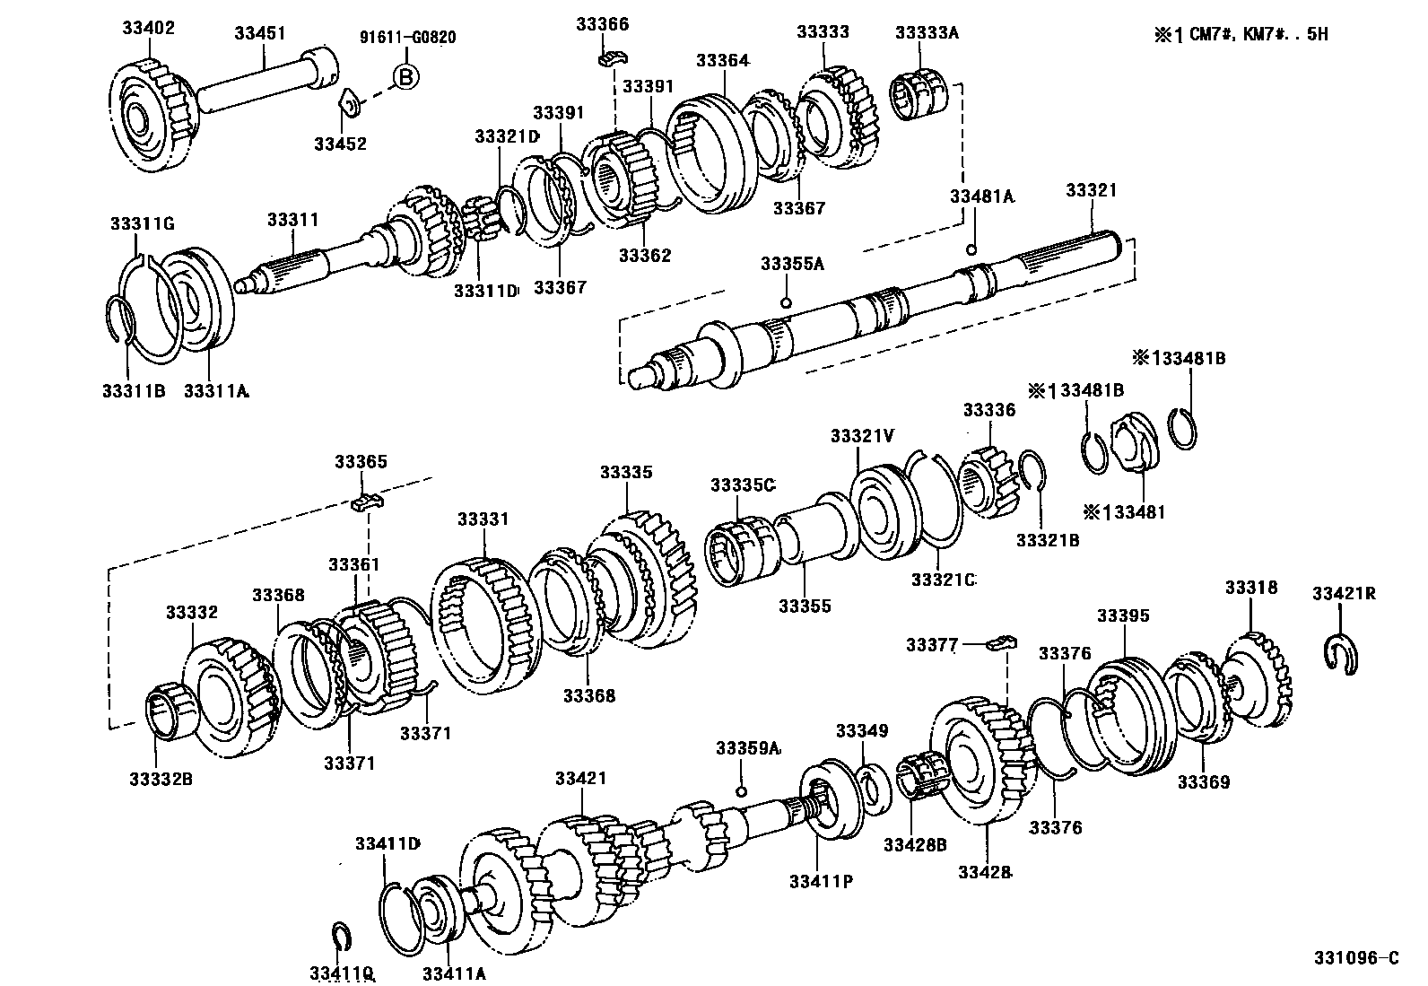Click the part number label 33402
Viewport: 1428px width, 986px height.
coord(149,28)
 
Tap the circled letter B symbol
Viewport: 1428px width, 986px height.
coord(405,77)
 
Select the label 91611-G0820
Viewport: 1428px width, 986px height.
coord(408,38)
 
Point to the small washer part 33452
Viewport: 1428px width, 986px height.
coord(350,104)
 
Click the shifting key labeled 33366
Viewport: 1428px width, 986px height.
coord(613,59)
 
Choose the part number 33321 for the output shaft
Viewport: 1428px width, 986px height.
coord(1092,190)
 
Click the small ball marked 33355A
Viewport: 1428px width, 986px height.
coord(786,302)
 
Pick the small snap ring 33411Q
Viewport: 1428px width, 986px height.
coord(341,937)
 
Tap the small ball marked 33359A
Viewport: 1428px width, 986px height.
coord(741,790)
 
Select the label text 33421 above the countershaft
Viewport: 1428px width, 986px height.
coord(580,779)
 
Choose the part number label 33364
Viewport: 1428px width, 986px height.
coord(722,60)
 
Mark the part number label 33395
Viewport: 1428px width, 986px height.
coord(1123,615)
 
